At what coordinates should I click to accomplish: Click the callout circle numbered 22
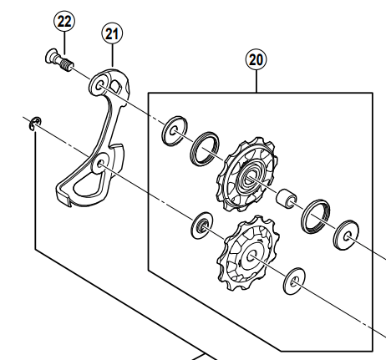point(63,19)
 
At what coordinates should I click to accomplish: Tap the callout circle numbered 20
point(256,59)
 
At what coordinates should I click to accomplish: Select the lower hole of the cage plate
point(102,165)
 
